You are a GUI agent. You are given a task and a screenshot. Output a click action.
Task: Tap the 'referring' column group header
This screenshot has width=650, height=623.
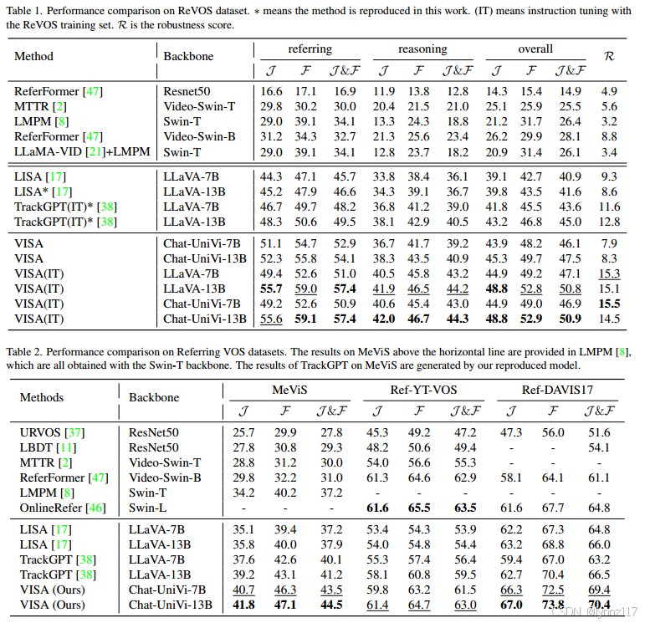[x=309, y=49]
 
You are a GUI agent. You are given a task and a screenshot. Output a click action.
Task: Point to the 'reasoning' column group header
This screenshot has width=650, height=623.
[x=423, y=49]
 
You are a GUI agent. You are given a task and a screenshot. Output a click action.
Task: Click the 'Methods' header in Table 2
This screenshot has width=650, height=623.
[x=42, y=397]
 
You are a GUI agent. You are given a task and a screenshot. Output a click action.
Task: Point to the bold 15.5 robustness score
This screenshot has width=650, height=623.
[x=609, y=303]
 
